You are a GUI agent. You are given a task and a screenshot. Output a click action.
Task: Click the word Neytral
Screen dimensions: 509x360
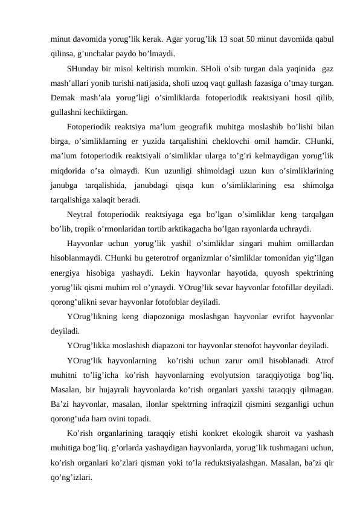coord(82,214)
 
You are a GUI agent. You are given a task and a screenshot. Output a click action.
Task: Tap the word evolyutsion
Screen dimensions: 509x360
coord(222,375)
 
